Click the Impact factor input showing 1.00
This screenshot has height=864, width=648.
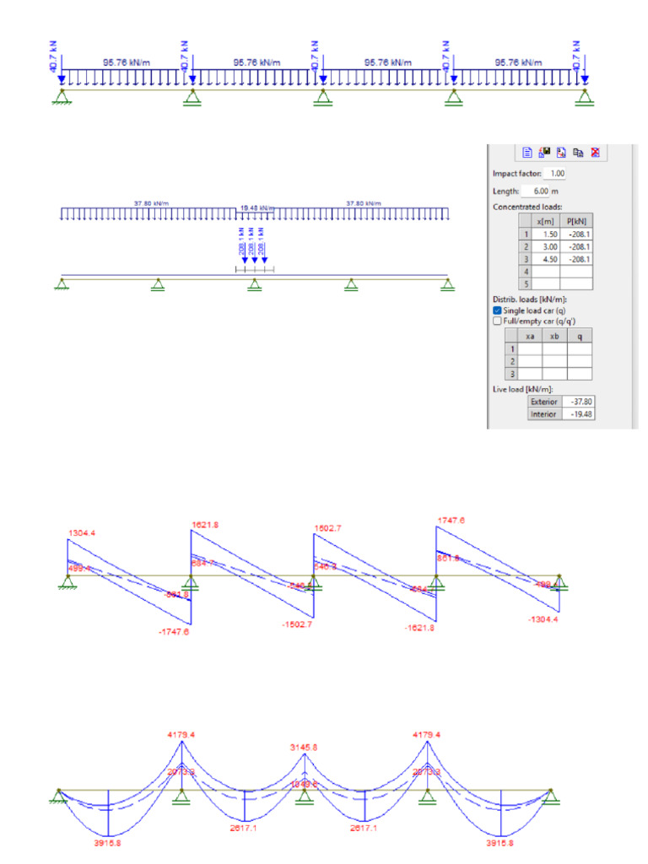[555, 173]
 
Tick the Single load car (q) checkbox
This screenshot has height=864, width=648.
[498, 310]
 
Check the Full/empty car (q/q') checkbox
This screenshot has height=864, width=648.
[498, 321]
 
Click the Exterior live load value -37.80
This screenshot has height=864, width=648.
[578, 402]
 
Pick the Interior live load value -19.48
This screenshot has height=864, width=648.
[578, 414]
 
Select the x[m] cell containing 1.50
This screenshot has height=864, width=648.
[548, 235]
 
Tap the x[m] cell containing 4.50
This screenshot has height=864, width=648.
[548, 260]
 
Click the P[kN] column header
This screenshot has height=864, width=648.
[580, 221]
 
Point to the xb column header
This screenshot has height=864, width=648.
[554, 336]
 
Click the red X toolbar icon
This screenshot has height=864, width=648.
[595, 153]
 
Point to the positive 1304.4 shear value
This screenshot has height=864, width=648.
[83, 532]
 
